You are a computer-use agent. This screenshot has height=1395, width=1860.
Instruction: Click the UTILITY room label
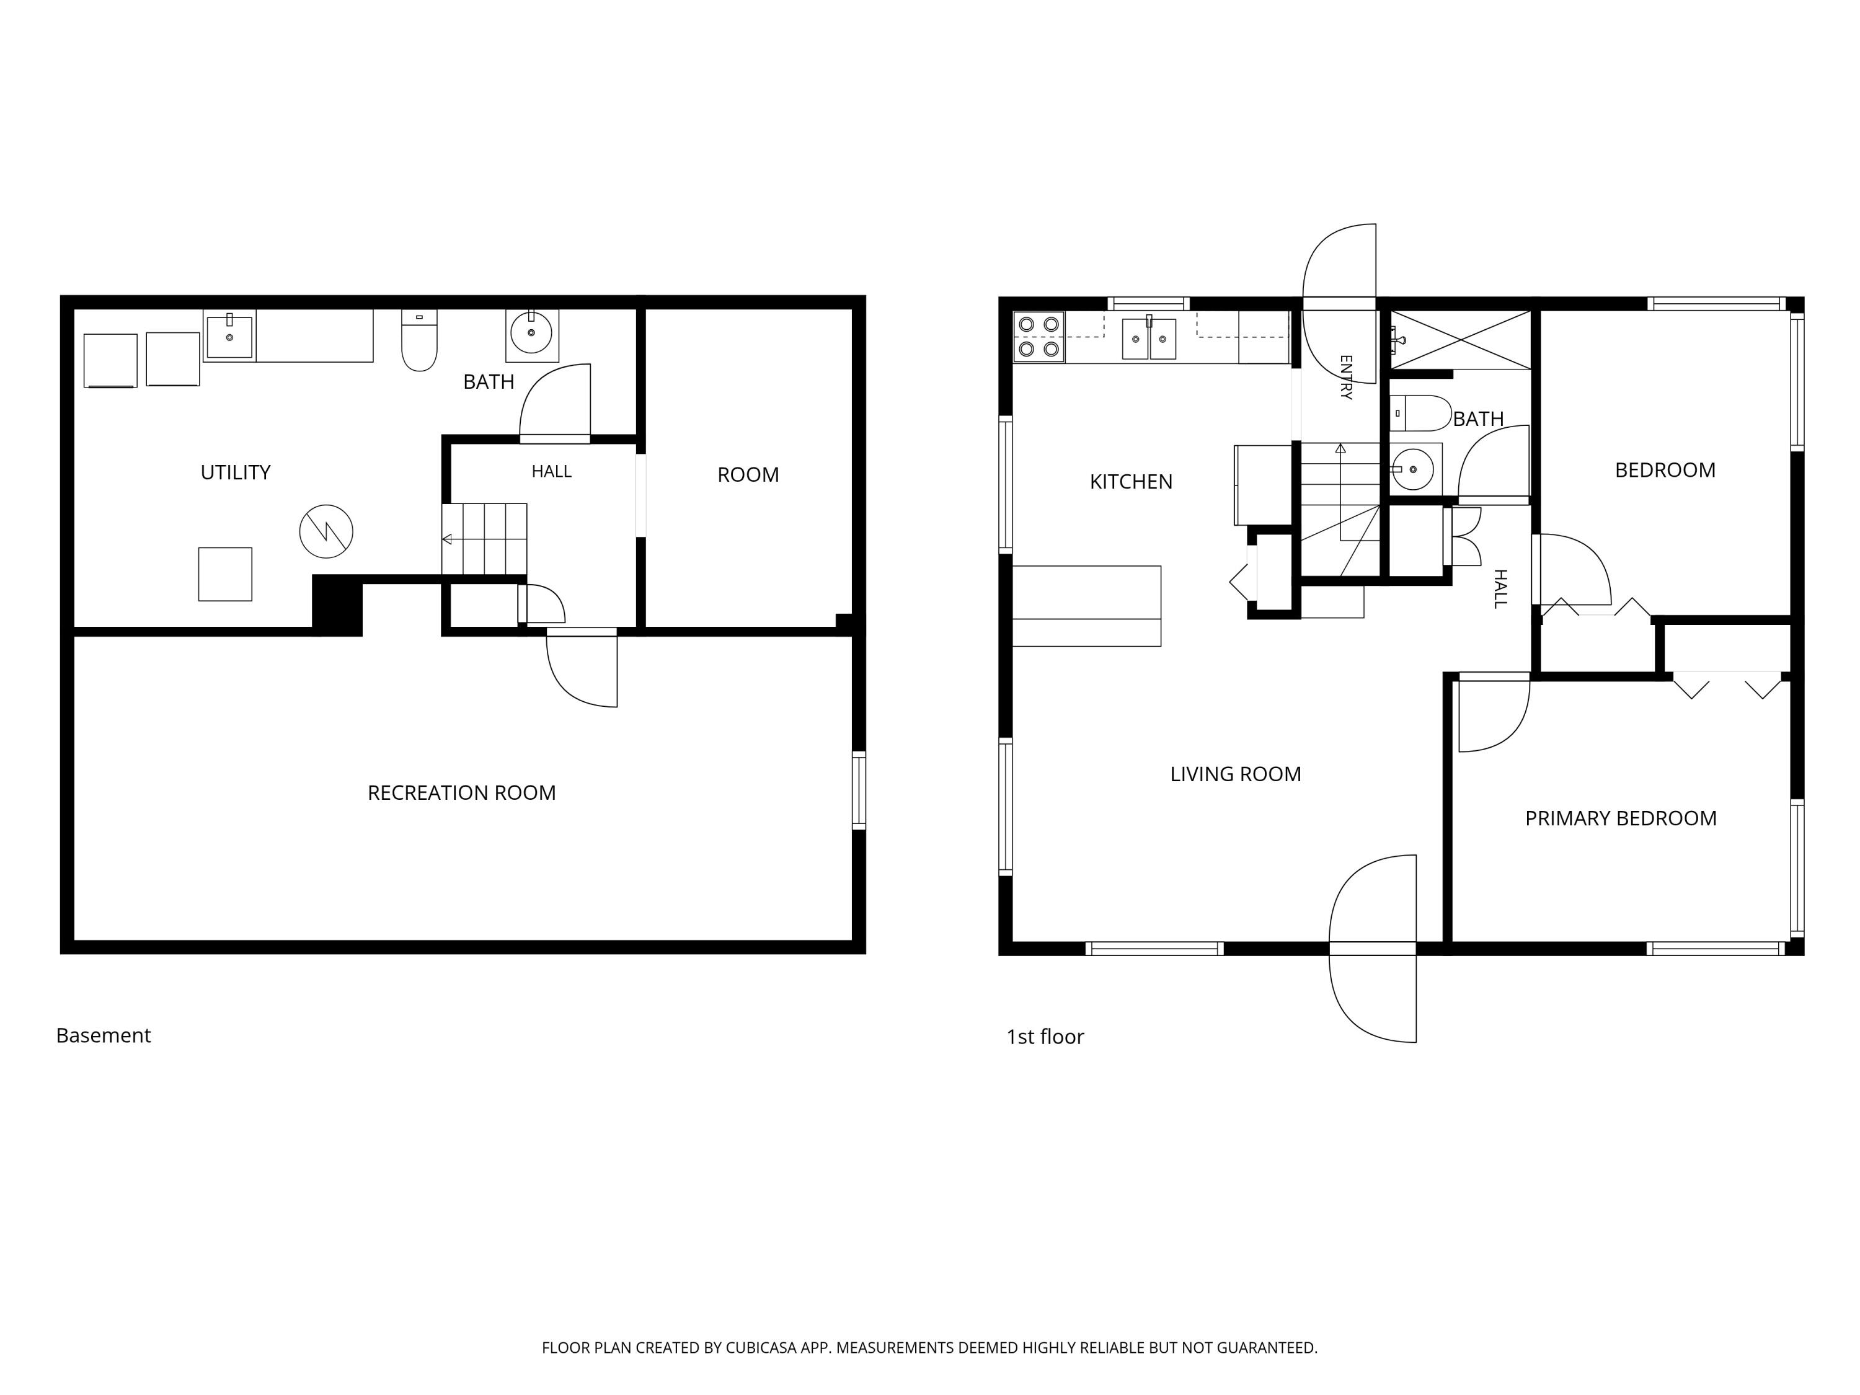pos(236,472)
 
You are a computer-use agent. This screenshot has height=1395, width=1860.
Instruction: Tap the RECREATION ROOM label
pos(462,793)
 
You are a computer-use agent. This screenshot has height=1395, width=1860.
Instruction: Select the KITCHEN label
pos(1131,482)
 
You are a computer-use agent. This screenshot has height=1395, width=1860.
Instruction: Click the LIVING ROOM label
pos(1235,774)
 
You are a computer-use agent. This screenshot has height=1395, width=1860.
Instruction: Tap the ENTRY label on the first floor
pos(1345,377)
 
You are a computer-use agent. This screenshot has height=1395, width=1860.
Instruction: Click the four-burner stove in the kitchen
pos(1038,336)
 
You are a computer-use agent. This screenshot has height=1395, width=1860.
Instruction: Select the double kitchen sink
pos(1149,338)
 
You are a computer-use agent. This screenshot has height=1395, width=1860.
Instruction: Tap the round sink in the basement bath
pos(531,333)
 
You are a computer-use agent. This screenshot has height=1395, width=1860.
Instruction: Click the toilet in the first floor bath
pos(1420,414)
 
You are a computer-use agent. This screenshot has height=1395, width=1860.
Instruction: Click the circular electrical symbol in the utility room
pos(326,531)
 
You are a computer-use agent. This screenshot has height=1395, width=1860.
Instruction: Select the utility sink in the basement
pos(229,335)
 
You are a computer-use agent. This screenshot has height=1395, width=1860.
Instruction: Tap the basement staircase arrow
pos(484,539)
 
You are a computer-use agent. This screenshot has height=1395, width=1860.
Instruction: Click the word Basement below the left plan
pos(104,1035)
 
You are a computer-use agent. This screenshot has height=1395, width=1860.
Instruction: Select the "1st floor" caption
pos(1045,1037)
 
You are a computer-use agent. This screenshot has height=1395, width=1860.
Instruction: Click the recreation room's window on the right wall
pos(859,790)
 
